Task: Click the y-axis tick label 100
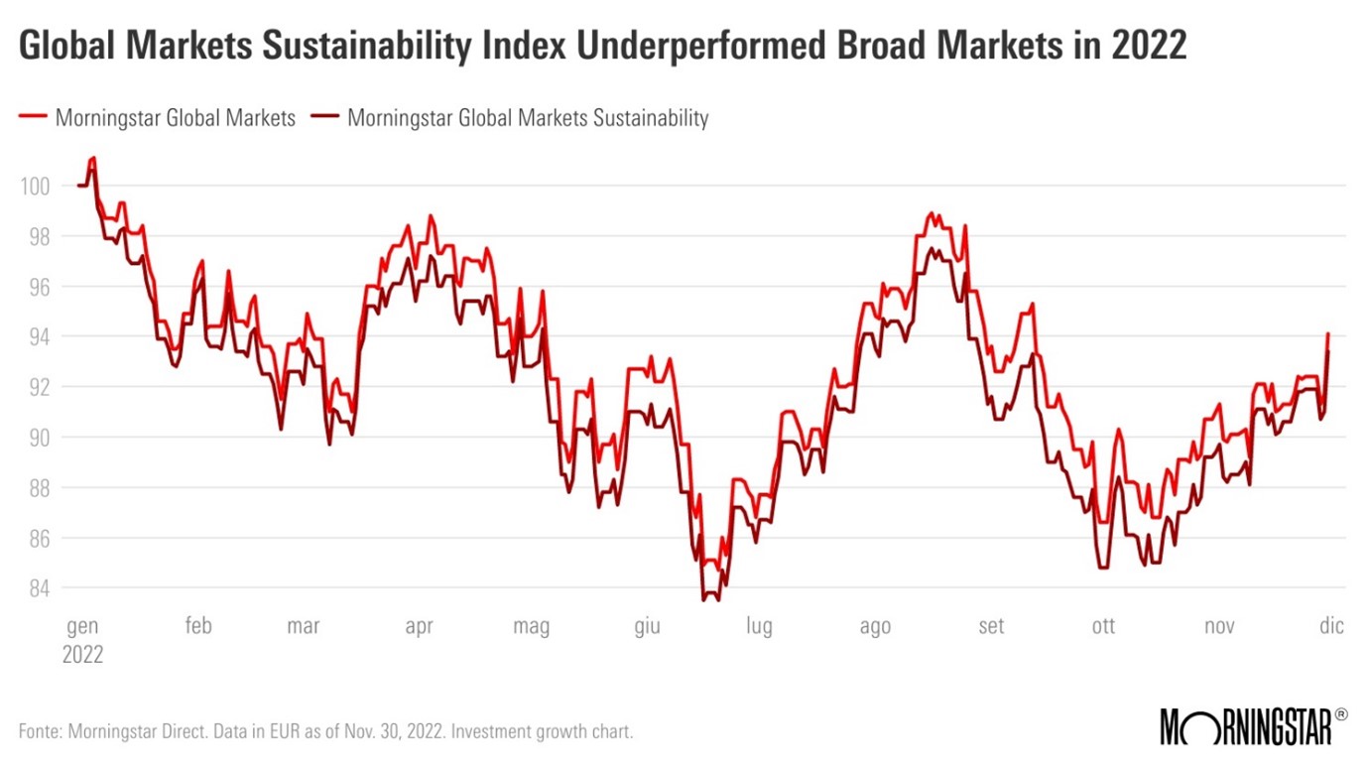[x=33, y=186]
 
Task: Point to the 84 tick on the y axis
[x=37, y=588]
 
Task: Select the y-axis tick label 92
[x=37, y=387]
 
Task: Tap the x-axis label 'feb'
[x=198, y=626]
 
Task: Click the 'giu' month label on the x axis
[x=647, y=626]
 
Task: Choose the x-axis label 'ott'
[x=1103, y=626]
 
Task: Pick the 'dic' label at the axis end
[x=1331, y=626]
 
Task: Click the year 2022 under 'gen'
[x=83, y=655]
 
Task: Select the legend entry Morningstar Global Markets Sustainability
[x=528, y=118]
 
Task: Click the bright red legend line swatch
[x=32, y=118]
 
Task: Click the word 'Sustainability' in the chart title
[x=380, y=46]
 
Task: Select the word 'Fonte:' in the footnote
[x=43, y=732]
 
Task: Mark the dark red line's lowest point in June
[x=704, y=599]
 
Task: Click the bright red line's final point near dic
[x=1327, y=333]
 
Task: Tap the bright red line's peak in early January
[x=93, y=157]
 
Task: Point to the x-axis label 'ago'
[x=875, y=626]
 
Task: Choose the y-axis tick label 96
[x=37, y=287]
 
